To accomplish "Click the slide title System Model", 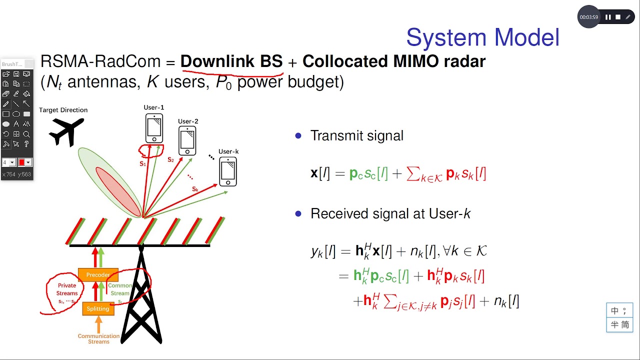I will (x=482, y=37).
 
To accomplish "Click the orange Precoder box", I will (x=98, y=274).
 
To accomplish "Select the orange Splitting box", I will (x=98, y=308).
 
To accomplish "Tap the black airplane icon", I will (x=67, y=131).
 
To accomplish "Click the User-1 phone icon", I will (x=154, y=128).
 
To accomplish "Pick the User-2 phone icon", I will (x=187, y=140).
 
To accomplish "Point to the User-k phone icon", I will (x=228, y=171).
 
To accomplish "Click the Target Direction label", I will (x=63, y=110).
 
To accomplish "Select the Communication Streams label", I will (x=98, y=339).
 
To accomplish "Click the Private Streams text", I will (x=67, y=289).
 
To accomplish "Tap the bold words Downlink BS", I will (x=231, y=61).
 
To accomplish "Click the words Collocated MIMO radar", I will (x=394, y=61).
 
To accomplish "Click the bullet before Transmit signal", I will (x=298, y=135).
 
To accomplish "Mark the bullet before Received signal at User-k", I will (x=298, y=214).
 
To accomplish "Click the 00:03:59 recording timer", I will (x=588, y=17).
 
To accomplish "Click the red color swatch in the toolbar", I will (x=21, y=162).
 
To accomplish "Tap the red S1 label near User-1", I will (x=142, y=163).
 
